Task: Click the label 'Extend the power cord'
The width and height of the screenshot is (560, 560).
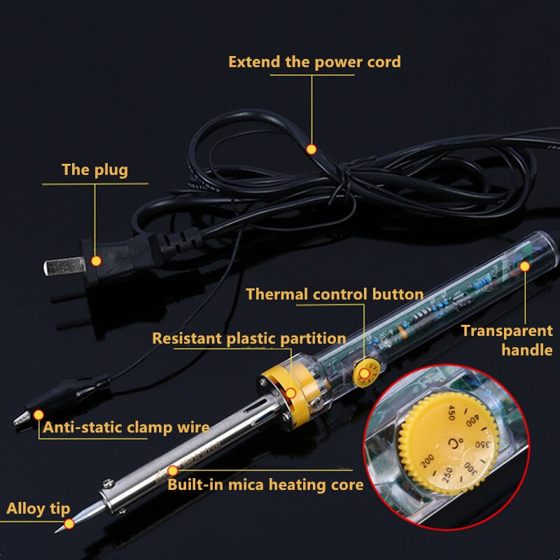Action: tap(314, 62)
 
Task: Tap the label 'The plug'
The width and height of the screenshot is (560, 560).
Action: tap(94, 169)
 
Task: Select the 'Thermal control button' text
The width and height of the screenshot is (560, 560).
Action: tap(335, 294)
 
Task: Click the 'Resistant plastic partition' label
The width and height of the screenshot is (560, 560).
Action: tap(249, 339)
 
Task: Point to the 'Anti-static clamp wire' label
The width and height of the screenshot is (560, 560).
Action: tap(126, 427)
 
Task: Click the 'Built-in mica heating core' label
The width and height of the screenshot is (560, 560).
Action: tap(265, 484)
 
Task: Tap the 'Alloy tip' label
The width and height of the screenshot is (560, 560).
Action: tap(38, 509)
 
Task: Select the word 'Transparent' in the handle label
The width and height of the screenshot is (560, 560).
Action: tap(507, 331)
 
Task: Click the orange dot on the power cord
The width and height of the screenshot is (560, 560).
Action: tap(311, 149)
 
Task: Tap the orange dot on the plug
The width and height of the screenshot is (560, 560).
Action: tap(97, 261)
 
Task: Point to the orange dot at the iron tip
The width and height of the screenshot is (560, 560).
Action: tap(69, 523)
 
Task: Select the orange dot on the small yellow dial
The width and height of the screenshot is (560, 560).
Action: tap(365, 374)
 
